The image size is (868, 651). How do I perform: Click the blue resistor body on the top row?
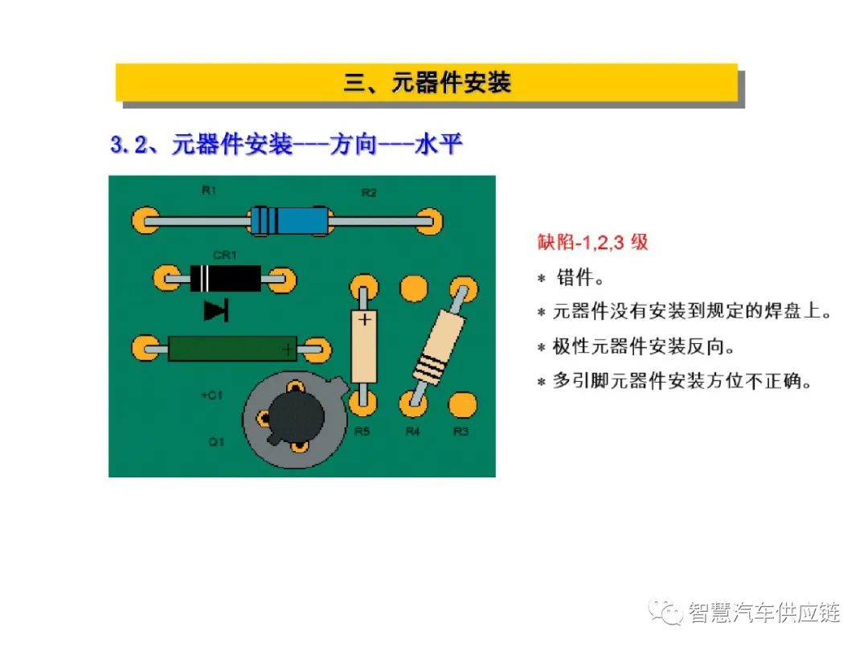click(x=291, y=221)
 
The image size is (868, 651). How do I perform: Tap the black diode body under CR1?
click(x=225, y=278)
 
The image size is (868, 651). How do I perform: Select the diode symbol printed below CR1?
click(x=216, y=310)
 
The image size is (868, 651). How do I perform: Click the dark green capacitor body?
click(x=232, y=349)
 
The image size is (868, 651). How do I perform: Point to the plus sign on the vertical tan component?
click(x=365, y=320)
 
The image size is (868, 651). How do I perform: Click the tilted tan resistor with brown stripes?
click(x=439, y=346)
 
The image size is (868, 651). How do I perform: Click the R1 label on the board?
click(x=209, y=191)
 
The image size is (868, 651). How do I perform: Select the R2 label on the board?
click(x=369, y=193)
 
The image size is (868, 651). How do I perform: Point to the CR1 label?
click(x=225, y=256)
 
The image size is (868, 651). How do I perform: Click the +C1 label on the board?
click(x=211, y=395)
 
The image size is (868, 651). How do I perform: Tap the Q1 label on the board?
click(x=216, y=442)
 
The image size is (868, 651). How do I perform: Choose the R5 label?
click(x=362, y=431)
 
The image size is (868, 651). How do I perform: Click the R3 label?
click(x=461, y=431)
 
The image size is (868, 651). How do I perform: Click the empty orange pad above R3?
click(x=463, y=404)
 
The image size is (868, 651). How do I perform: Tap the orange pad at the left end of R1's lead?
click(x=145, y=221)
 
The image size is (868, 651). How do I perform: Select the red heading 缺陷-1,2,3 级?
click(x=592, y=242)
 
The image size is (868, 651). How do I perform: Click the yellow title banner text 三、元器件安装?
click(x=427, y=83)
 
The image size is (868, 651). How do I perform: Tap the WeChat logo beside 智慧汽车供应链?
click(x=666, y=612)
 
